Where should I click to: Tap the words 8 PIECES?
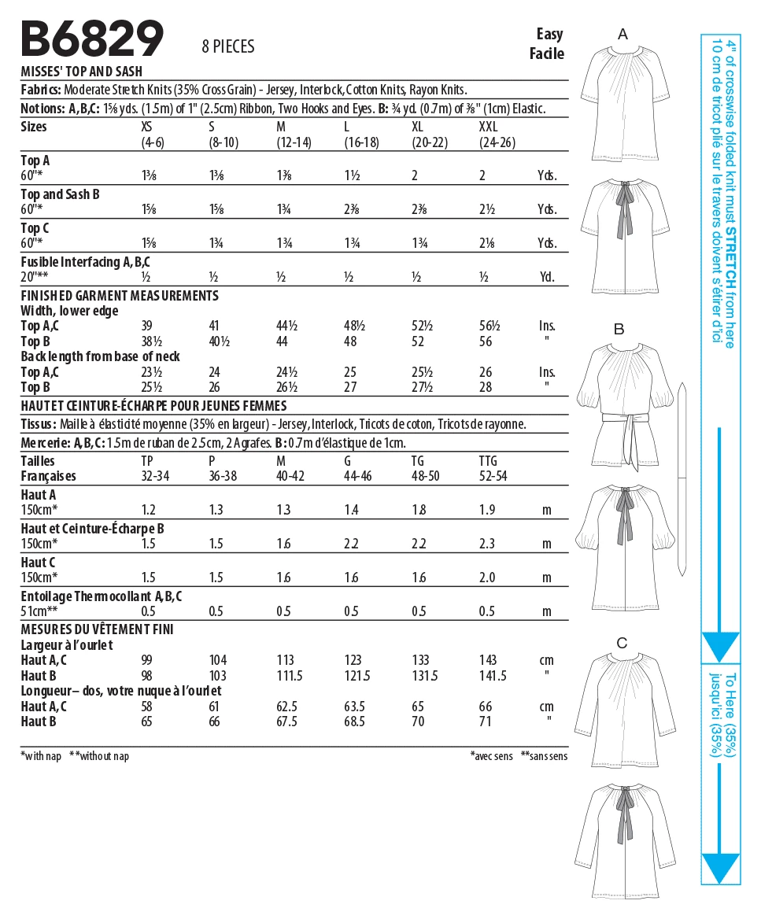(228, 47)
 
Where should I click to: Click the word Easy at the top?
(550, 34)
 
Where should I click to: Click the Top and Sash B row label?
(60, 194)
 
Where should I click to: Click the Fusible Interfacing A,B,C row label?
(85, 261)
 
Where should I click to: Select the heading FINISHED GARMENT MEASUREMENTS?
(120, 296)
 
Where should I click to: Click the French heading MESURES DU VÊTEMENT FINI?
(97, 629)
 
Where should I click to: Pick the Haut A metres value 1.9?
(487, 510)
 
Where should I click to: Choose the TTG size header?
(489, 461)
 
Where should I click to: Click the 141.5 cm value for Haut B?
(493, 676)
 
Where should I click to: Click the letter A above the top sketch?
(622, 34)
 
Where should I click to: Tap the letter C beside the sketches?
(622, 643)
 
